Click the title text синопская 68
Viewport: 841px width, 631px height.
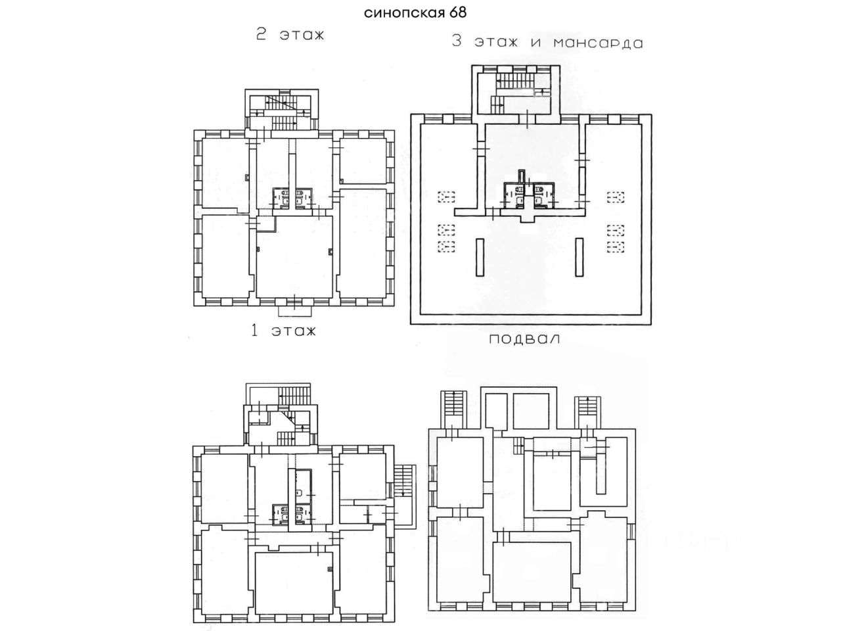pos(415,12)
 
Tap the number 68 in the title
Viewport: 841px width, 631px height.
pos(458,12)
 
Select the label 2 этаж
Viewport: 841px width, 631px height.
pos(290,35)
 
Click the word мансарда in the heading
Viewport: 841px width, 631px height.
pos(598,43)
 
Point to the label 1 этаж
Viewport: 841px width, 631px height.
pos(284,330)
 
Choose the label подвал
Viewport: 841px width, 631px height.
pos(524,339)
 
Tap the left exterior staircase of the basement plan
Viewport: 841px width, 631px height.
pos(453,408)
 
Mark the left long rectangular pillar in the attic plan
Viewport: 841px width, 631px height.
pos(480,257)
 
